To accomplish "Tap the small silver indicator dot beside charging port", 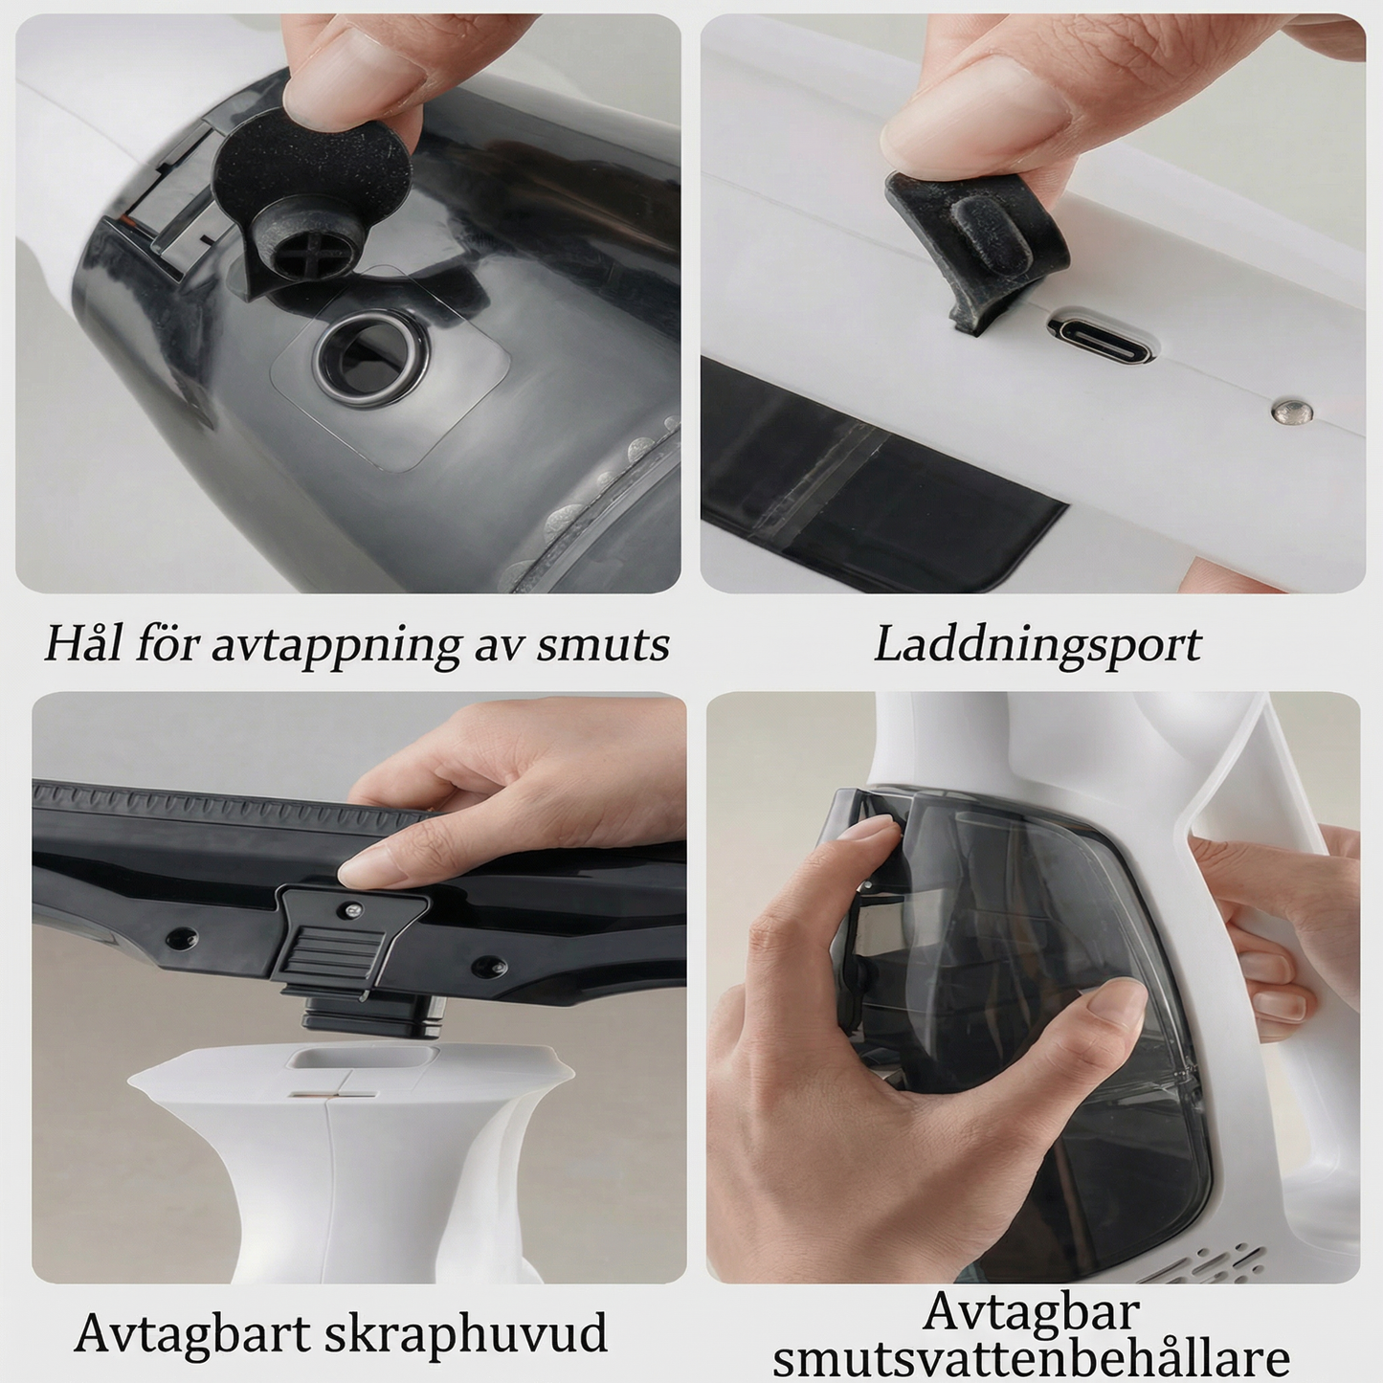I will tap(1285, 412).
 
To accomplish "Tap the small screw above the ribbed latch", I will tap(353, 908).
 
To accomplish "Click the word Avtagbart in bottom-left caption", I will tap(191, 1332).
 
